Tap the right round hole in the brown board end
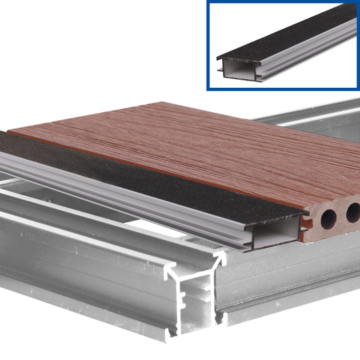[x=353, y=215]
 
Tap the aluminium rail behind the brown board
[x=317, y=115]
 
